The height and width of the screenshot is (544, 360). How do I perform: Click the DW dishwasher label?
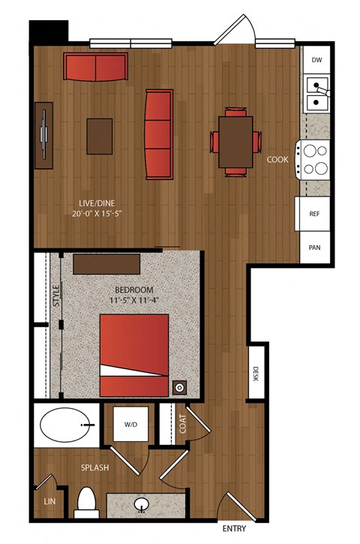tap(316, 60)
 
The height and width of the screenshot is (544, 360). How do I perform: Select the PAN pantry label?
tap(314, 248)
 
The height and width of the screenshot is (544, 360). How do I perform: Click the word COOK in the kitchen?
tap(277, 160)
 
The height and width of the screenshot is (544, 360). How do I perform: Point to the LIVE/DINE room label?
tap(97, 203)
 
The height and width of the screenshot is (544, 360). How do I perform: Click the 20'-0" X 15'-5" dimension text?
tap(97, 213)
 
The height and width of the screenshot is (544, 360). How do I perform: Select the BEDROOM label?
tap(134, 290)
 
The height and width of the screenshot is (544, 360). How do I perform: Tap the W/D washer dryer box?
tap(130, 424)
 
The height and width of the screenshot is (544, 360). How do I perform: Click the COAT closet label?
tap(182, 424)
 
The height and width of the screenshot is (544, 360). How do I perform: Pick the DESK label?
tap(256, 374)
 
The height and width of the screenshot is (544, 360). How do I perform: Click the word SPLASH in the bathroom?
tap(94, 467)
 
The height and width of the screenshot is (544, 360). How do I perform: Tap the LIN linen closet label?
tap(49, 501)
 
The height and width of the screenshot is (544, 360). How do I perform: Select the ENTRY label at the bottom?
tap(234, 528)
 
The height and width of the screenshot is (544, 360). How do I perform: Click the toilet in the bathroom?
tap(86, 503)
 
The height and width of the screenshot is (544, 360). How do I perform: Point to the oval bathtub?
tap(67, 425)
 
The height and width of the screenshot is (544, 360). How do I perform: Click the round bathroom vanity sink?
tap(142, 506)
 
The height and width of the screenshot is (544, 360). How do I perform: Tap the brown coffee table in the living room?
tap(100, 137)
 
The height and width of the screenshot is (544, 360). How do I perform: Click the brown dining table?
tap(235, 143)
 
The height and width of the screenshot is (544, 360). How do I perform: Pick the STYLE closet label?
tap(56, 296)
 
